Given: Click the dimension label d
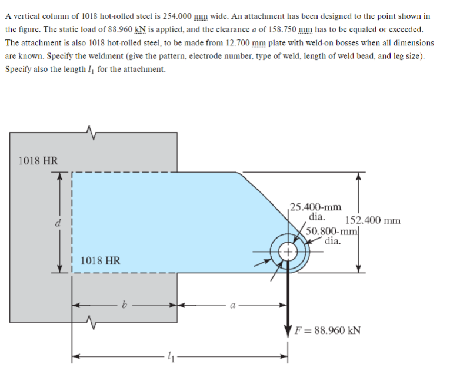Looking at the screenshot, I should [58, 223].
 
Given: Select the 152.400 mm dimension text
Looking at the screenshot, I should [373, 220].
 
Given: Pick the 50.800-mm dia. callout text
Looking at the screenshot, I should [331, 235].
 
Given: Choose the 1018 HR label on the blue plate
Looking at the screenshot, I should [99, 260].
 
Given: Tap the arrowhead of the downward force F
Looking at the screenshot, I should [288, 329].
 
